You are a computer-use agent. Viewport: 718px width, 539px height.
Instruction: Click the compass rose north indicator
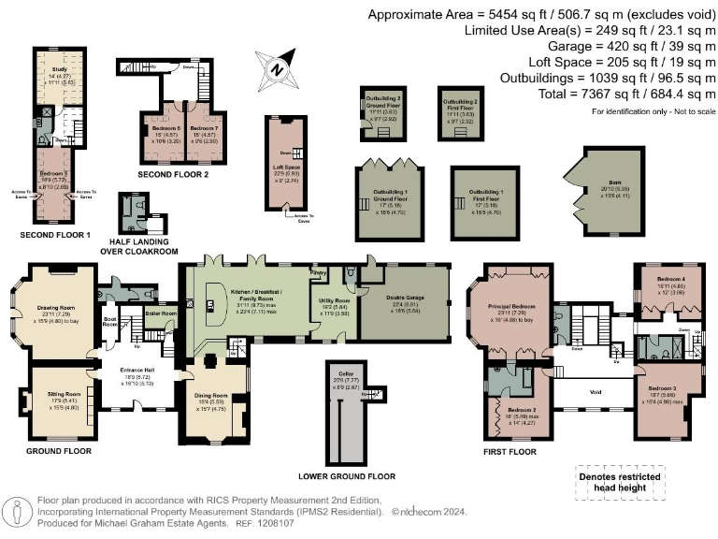277,67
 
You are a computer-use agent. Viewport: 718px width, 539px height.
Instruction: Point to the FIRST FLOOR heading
510,451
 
